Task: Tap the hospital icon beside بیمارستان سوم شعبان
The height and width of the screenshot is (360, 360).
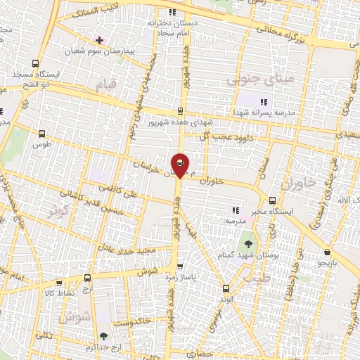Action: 99,40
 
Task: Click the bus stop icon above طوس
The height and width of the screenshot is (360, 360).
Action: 42,133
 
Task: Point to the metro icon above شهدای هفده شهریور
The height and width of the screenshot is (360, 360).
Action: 181,110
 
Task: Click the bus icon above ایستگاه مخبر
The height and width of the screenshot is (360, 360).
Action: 273,200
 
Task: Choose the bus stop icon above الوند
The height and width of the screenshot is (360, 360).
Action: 225,288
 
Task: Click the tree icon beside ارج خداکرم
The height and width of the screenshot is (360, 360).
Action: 104,337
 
